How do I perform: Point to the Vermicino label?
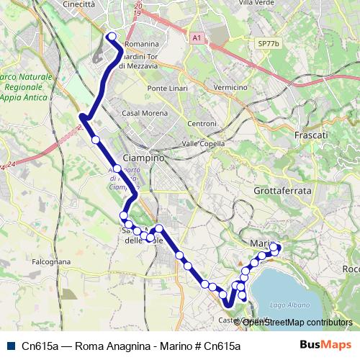pos(230,87)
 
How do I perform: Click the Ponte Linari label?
pos(167,88)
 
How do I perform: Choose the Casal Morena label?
pos(143,113)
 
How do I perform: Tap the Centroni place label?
pos(202,123)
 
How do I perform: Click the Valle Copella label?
pos(203,143)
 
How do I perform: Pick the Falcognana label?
pos(50,262)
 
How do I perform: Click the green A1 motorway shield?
pos(197,37)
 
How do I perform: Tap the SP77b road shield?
pos(268,44)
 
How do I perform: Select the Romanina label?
pos(141,44)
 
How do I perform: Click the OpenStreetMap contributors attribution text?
pos(296,322)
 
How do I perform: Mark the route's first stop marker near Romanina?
pos(111,36)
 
